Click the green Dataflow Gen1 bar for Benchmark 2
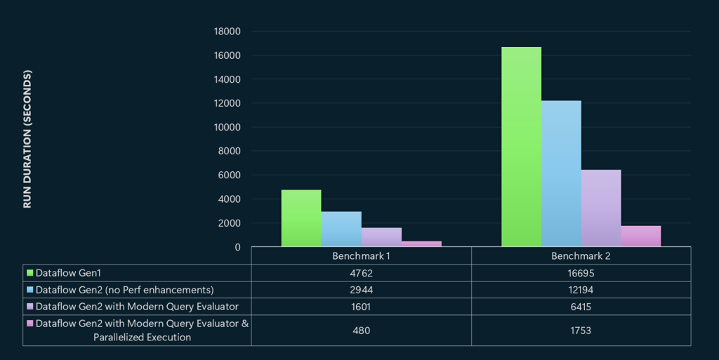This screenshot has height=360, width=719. coord(521,147)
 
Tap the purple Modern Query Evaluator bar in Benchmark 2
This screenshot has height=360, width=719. coord(601,208)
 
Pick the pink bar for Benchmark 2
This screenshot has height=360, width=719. coord(640,236)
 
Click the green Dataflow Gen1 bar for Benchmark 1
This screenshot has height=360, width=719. coord(301,218)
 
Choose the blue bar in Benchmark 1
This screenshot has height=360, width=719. coord(341,229)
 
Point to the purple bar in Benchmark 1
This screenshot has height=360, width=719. coord(381,237)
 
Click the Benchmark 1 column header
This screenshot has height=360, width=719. coord(361,256)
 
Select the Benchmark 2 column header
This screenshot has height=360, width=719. coord(581,256)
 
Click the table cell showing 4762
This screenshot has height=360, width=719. coord(361,272)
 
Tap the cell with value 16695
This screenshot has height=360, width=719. coord(581,272)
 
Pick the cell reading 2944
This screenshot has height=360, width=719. coord(361,289)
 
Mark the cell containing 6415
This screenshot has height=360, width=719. coord(581,306)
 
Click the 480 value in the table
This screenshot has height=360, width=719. coord(361,330)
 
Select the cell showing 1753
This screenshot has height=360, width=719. coord(581,330)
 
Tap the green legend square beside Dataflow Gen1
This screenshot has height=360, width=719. coord(30,272)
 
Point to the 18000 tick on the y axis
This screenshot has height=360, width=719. coord(227,32)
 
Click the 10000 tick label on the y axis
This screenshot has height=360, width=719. coord(227,127)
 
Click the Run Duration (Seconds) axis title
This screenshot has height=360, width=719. coord(28,139)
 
